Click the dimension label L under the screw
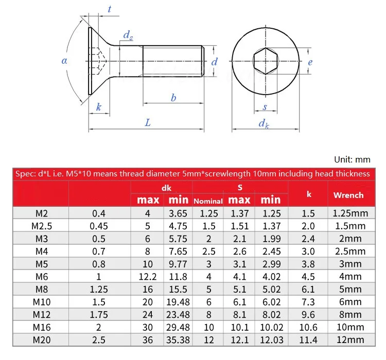click(x=148, y=122)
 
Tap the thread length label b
click(x=173, y=98)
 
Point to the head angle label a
click(x=64, y=61)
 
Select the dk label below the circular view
click(x=264, y=123)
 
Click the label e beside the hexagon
click(x=310, y=62)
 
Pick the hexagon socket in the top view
click(x=266, y=61)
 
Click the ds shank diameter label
click(x=128, y=35)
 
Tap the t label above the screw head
click(x=109, y=9)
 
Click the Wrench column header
click(x=348, y=195)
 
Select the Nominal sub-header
click(x=208, y=201)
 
